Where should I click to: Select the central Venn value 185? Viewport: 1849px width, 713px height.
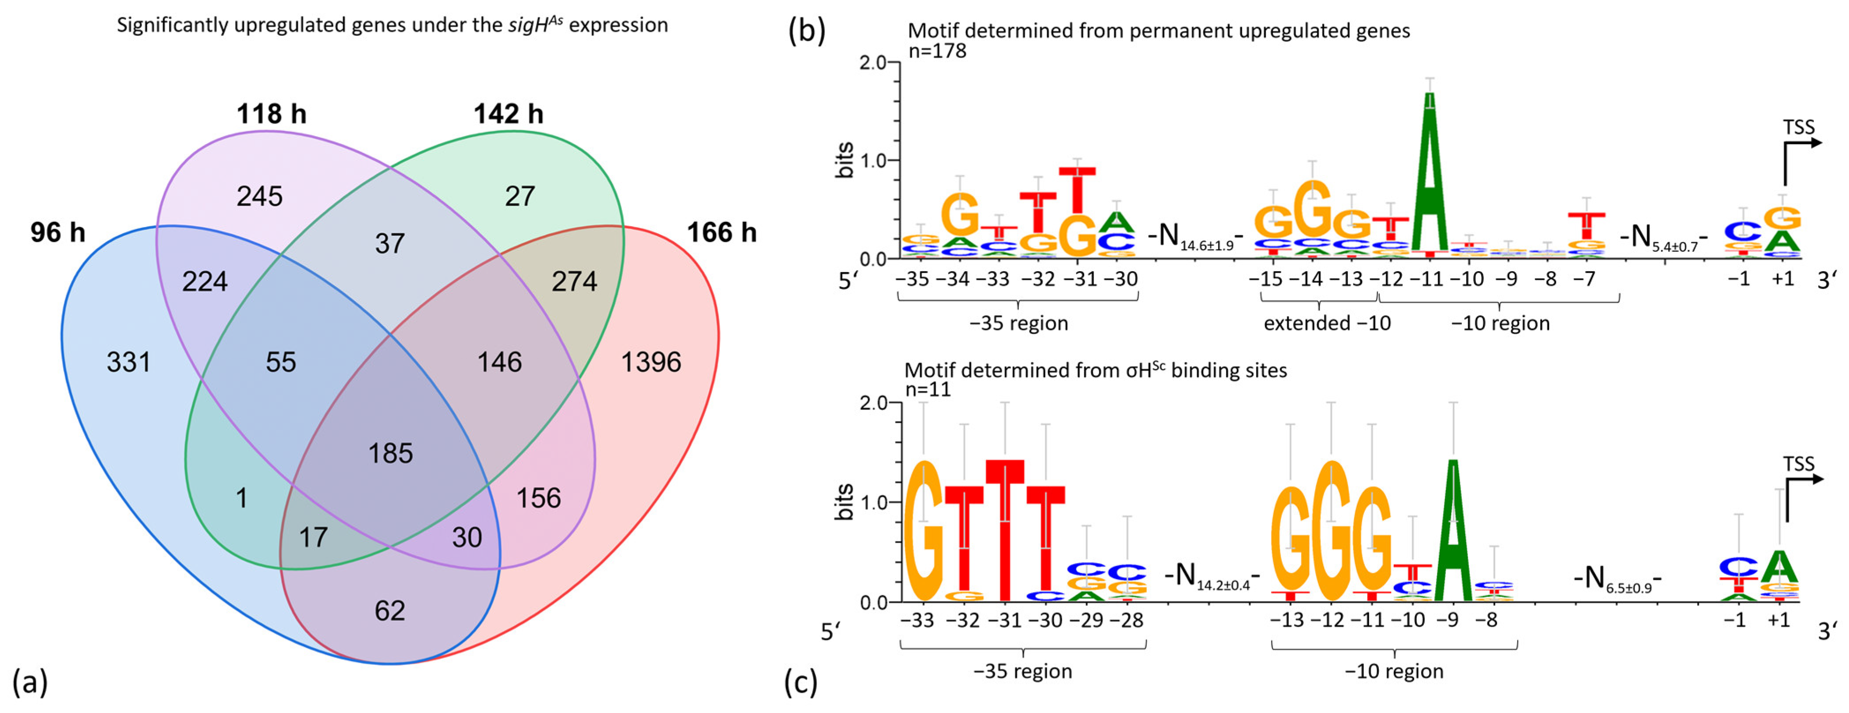pos(390,453)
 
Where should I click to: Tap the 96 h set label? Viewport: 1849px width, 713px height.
pos(57,232)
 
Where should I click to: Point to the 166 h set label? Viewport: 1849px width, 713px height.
pos(721,232)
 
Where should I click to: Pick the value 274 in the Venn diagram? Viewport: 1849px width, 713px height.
pos(574,281)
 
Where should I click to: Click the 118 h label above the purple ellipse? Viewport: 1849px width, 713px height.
pos(271,114)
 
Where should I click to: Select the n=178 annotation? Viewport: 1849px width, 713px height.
pos(937,51)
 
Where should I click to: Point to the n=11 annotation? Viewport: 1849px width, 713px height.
pos(928,389)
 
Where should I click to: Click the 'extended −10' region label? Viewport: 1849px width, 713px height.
pos(1326,324)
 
